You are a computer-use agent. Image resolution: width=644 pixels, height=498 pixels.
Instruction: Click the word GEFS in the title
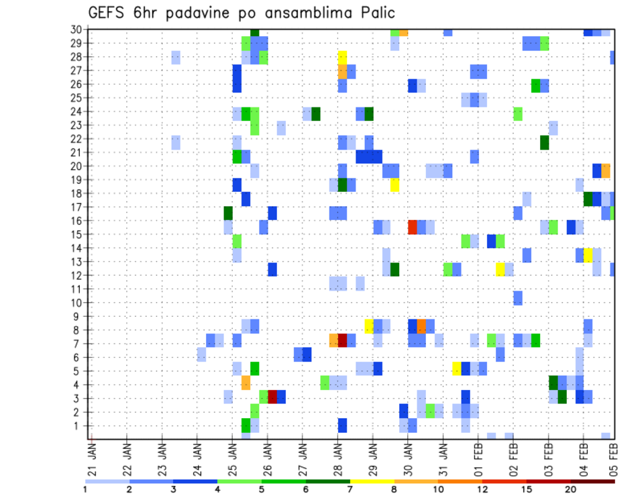109,13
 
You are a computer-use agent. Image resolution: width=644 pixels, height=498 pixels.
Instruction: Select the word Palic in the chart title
374,13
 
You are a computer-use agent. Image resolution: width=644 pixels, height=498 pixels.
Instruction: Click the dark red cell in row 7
342,340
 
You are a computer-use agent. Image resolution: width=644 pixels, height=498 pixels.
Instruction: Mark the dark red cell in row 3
272,396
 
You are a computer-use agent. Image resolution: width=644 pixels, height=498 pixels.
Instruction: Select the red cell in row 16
413,227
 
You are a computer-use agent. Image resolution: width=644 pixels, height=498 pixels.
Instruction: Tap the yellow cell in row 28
342,57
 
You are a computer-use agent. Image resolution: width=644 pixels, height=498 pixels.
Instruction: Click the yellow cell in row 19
394,185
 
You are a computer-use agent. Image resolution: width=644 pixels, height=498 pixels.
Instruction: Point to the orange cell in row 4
246,383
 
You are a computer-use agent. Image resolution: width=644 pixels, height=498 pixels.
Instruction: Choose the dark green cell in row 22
544,142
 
